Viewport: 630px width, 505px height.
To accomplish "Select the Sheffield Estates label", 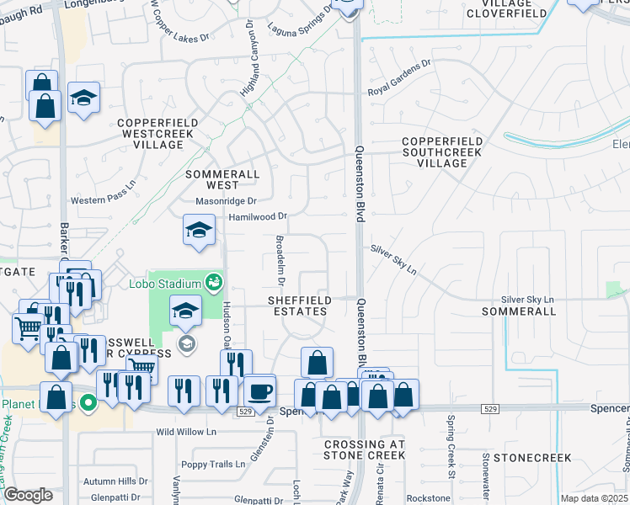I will click(297, 306).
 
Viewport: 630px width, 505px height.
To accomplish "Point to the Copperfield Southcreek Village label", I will click(442, 151).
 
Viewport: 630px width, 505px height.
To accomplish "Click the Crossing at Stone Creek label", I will click(364, 449).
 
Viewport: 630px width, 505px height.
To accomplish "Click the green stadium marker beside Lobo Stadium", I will click(214, 281).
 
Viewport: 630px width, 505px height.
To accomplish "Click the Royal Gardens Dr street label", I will click(398, 88).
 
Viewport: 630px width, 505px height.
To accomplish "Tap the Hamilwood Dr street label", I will click(258, 216).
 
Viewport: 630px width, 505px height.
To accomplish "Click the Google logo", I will click(28, 496).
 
